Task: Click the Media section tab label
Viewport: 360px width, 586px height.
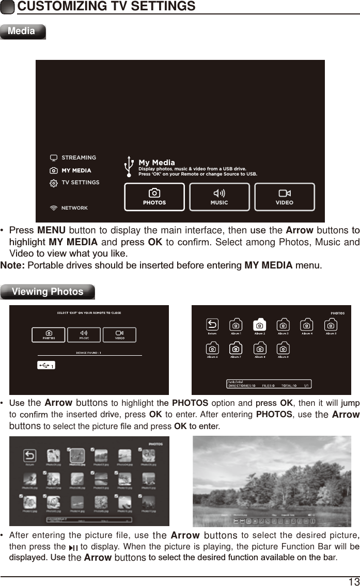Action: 22,31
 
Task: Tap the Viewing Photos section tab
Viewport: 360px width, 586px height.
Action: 48,292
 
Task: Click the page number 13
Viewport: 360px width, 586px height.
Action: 354,581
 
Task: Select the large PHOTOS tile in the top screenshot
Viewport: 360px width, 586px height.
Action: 154,197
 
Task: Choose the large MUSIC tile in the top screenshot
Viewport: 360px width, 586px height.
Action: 219,197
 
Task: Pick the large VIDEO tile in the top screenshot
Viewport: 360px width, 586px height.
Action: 284,197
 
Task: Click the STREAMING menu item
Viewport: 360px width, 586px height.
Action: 79,157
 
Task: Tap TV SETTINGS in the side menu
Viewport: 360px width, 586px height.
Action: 80,182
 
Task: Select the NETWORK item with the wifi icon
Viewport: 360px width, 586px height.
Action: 74,208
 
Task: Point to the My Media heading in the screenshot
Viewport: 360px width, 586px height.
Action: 156,163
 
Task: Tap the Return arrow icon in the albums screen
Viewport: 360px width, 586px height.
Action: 212,325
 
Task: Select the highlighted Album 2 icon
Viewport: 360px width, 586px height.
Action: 259,325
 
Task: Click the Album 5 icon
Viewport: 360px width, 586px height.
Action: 331,325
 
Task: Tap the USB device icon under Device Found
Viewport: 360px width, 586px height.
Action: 46,365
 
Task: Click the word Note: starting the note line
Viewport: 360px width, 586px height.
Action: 12,265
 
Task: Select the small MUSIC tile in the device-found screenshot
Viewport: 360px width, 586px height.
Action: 84,335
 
